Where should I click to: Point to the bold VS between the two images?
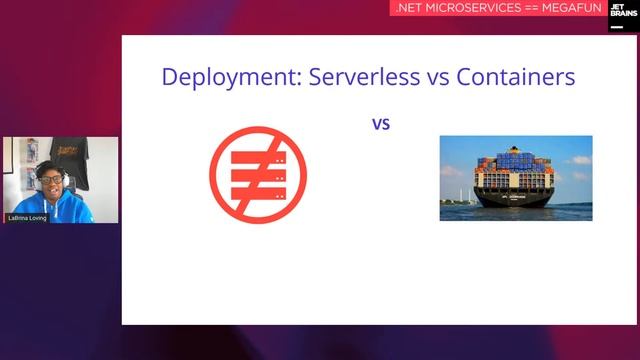[380, 125]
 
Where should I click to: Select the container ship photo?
[515, 178]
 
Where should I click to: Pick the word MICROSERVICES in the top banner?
[476, 8]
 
